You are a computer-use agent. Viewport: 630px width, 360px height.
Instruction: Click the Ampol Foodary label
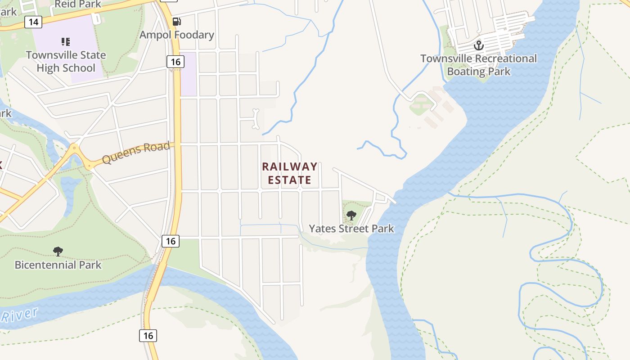(x=176, y=35)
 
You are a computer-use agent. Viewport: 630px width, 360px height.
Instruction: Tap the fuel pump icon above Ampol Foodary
(x=177, y=21)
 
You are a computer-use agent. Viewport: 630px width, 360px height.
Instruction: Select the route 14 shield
(x=33, y=22)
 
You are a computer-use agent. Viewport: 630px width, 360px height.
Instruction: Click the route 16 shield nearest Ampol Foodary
(x=175, y=61)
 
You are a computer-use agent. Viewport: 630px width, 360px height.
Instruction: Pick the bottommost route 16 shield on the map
(x=148, y=335)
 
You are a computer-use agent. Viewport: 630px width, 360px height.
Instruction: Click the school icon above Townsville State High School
(x=66, y=42)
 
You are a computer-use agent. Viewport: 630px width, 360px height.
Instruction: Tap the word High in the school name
(x=48, y=68)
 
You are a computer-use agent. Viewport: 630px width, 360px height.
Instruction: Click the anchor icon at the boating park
(x=478, y=45)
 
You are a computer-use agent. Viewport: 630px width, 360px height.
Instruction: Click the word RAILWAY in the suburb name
(x=290, y=166)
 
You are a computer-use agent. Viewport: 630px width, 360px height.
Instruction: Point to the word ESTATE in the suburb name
(x=290, y=180)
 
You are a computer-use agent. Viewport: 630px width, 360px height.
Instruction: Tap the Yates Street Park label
(x=351, y=229)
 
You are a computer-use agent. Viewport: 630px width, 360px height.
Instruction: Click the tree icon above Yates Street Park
(x=351, y=216)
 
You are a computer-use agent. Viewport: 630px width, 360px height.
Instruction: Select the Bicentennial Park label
(x=58, y=265)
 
